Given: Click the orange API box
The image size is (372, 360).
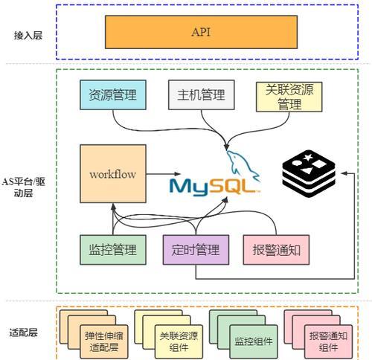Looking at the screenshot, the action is click(201, 32).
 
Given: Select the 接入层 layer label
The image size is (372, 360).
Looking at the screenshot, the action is click(28, 36).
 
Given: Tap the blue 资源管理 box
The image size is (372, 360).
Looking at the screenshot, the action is click(113, 94).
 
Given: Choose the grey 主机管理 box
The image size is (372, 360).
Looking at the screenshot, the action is click(201, 94).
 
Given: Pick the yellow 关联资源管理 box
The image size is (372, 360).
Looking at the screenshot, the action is click(289, 97).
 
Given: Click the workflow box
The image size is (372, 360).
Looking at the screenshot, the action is click(113, 174).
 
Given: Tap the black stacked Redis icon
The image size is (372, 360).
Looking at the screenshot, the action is click(309, 173).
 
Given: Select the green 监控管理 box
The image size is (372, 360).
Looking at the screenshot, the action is click(113, 250).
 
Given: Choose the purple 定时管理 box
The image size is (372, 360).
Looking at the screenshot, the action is click(196, 250).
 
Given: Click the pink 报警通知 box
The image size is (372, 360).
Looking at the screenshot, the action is click(276, 250).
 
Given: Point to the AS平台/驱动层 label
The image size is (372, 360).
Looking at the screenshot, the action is click(23, 187).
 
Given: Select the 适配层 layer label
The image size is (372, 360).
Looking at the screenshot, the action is click(23, 332).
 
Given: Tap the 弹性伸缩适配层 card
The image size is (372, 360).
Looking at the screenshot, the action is click(104, 341).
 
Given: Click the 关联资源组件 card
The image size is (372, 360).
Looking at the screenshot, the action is click(179, 341).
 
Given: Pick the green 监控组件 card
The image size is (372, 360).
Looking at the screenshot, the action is click(254, 341).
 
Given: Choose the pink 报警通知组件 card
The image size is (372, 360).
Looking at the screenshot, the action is click(328, 341).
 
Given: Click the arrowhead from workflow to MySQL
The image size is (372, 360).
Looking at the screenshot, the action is click(177, 174).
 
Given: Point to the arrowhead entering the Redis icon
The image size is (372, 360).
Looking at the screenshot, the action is click(344, 173).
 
